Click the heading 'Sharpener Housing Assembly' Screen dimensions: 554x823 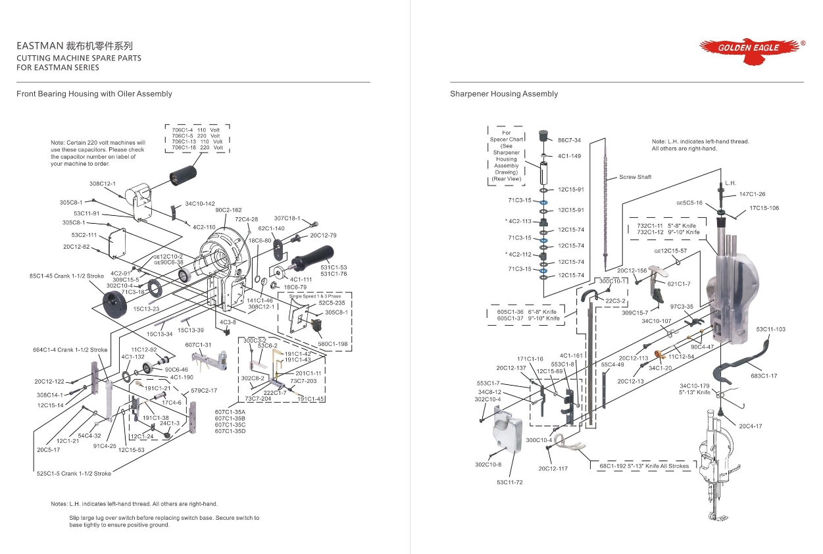pos(504,94)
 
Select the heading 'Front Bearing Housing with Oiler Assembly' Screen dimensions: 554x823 pos(94,94)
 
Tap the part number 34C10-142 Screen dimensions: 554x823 pos(200,204)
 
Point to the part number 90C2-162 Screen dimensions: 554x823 pos(228,211)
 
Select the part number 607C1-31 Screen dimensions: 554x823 pos(198,345)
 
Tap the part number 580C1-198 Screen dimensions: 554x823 pos(333,343)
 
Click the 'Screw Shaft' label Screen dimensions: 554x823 pos(635,178)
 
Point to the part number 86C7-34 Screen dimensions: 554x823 pos(569,140)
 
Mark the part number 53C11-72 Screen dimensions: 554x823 pos(510,483)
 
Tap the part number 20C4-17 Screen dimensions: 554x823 pos(750,426)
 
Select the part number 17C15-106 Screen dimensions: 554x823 pos(764,209)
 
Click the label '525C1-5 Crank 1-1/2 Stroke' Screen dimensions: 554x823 pos(74,474)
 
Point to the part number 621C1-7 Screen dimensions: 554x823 pos(679,284)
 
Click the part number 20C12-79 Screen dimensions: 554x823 pos(323,235)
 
